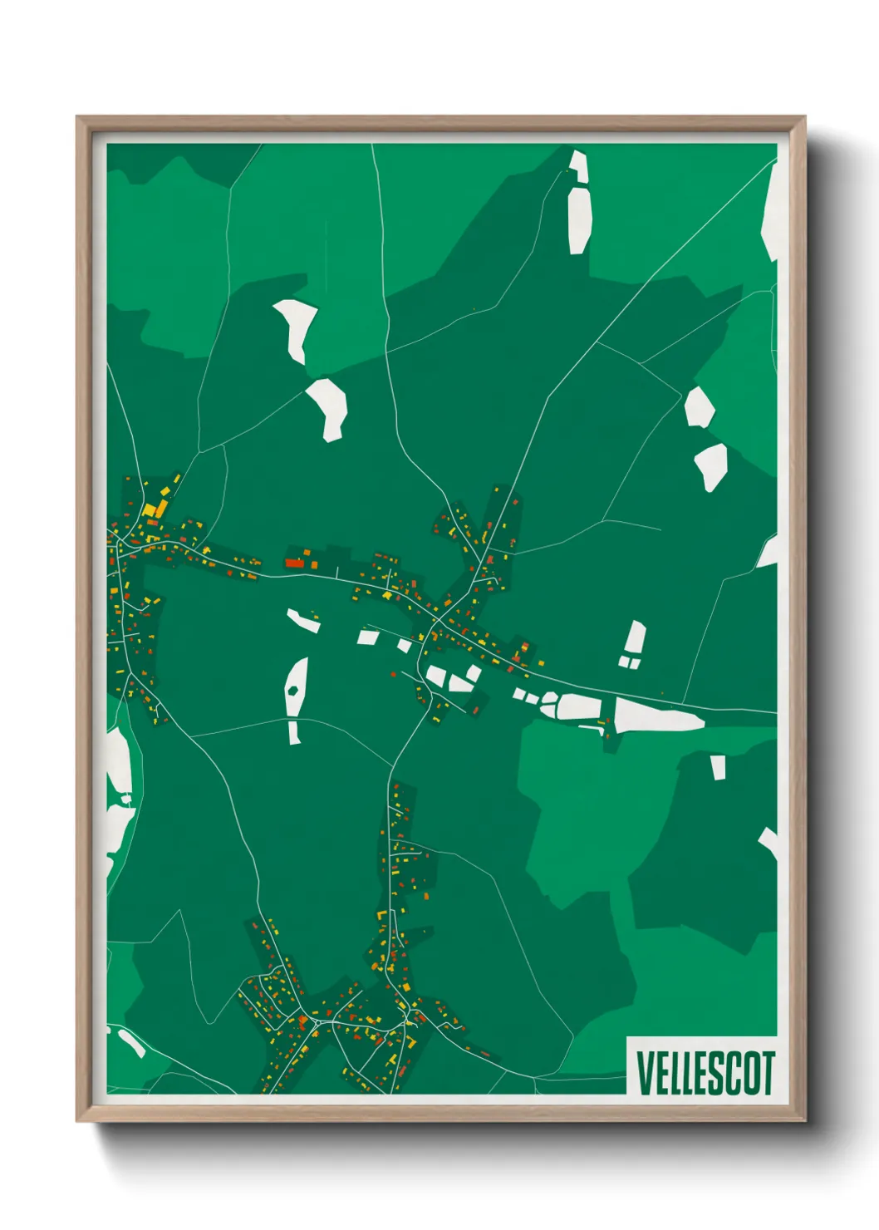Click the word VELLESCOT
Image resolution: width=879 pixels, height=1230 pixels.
pos(705,1072)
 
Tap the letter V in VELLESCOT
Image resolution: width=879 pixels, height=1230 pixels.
pos(643,1072)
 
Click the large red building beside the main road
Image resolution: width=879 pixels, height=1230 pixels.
pos(295,563)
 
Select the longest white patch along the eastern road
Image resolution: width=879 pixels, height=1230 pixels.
pos(658,716)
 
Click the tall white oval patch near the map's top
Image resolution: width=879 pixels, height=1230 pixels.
pos(579,219)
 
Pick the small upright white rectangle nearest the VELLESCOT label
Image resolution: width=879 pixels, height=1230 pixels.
pos(718,767)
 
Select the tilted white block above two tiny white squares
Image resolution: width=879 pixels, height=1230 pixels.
pos(635,638)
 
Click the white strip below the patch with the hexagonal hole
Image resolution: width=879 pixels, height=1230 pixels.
pos(294,733)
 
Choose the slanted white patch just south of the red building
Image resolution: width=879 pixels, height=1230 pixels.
pos(303,620)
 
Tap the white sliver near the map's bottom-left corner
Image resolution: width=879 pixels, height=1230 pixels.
pos(131,1042)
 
